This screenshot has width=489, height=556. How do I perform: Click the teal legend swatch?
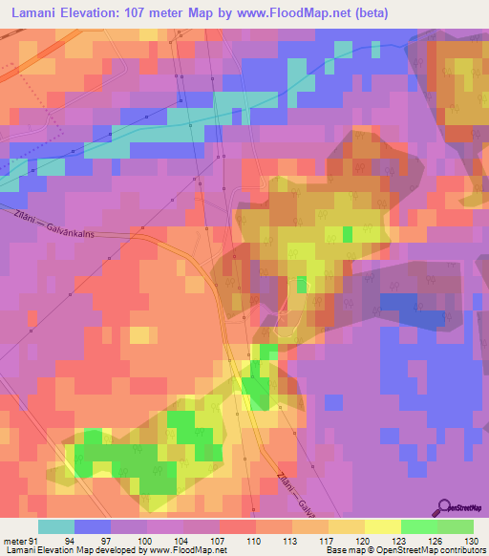click(x=56, y=526)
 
